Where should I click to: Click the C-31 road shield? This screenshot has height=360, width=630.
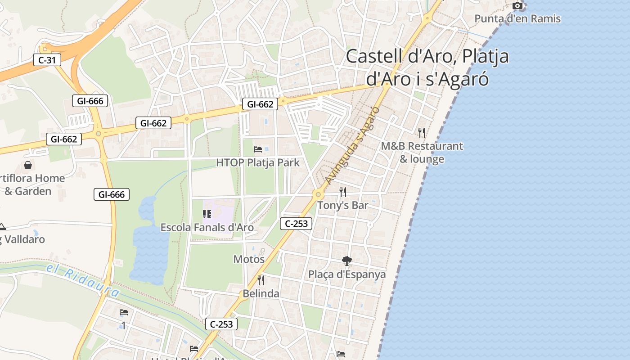(47, 60)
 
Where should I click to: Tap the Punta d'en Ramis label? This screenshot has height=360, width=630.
(517, 18)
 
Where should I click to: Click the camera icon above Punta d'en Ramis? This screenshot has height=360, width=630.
(518, 5)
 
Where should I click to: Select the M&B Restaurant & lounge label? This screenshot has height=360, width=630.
(422, 153)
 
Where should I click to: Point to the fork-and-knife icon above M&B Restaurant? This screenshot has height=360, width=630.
(422, 132)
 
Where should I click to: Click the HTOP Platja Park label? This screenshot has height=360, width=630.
(258, 162)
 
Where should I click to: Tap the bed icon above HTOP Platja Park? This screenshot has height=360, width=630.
(258, 149)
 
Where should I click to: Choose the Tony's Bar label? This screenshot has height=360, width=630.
(343, 205)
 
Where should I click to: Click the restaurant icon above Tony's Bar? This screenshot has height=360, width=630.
(343, 192)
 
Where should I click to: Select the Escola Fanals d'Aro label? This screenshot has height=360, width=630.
(207, 227)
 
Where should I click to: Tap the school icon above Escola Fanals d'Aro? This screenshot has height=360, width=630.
(207, 214)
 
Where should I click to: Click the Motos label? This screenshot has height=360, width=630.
(249, 259)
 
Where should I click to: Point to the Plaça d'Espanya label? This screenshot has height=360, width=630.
(347, 274)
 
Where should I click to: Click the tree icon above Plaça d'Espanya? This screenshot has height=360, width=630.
(346, 261)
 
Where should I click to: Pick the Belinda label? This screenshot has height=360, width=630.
(261, 293)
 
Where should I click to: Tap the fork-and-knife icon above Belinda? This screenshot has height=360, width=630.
(261, 280)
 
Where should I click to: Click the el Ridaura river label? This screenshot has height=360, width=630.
(83, 281)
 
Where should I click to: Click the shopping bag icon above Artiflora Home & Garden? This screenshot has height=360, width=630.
(28, 165)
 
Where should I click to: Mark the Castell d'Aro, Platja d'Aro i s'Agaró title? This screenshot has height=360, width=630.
(427, 67)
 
